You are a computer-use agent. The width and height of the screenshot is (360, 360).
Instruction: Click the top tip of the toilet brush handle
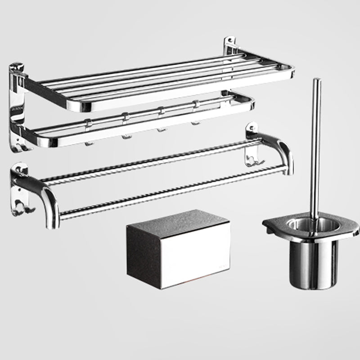[317, 81]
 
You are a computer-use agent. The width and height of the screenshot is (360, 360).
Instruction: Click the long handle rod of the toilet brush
[315, 148]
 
